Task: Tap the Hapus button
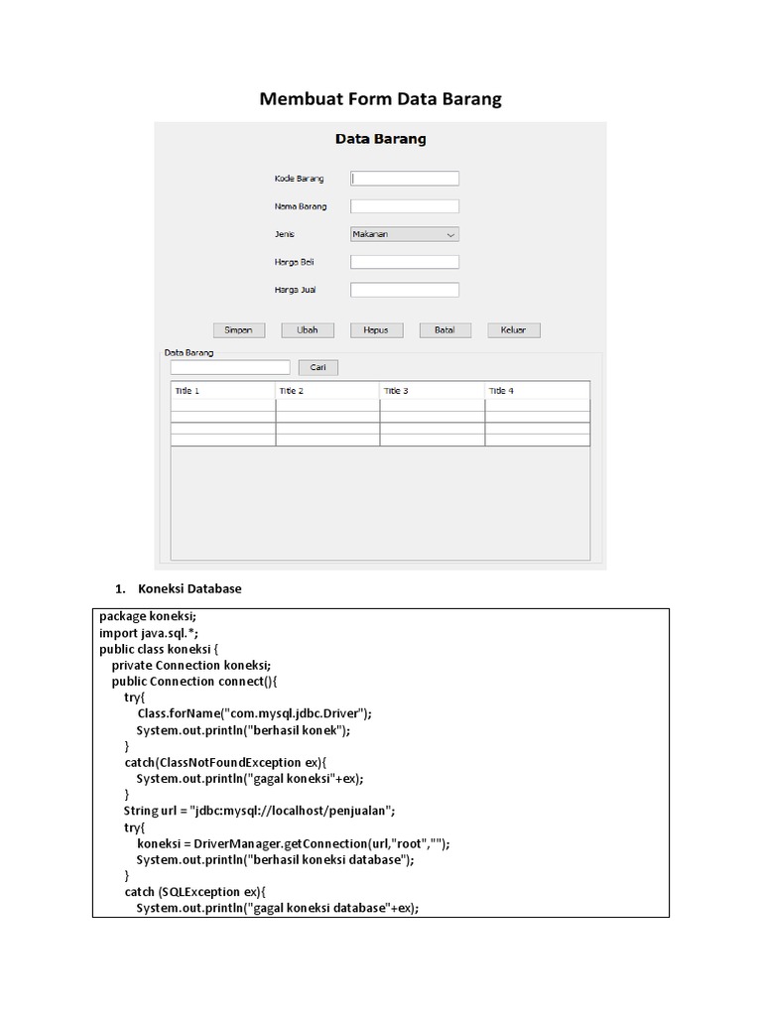coord(376,330)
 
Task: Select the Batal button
coord(444,330)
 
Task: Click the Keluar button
coord(513,330)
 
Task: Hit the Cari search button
coord(318,367)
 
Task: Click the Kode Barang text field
coord(405,179)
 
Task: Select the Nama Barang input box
coord(405,206)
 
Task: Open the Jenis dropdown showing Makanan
coord(405,234)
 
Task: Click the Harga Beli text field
coord(405,262)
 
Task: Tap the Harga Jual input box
coord(405,290)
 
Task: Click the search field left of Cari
coord(230,367)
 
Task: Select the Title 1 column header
coord(223,391)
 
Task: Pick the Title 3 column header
coord(433,391)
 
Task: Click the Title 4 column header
coord(537,391)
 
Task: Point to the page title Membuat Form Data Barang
coord(381,99)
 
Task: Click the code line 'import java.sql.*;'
coord(156,633)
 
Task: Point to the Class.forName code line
coord(254,713)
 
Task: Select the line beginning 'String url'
coord(260,810)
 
